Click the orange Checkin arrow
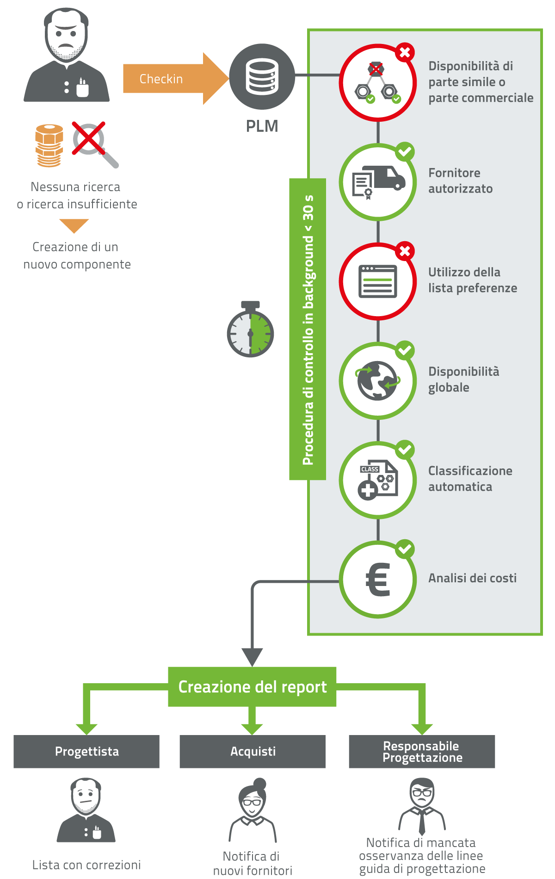click(x=176, y=79)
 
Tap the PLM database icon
click(x=262, y=77)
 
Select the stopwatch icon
click(x=250, y=329)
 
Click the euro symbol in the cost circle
click(x=378, y=580)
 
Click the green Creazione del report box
click(x=252, y=687)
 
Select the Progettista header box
click(x=86, y=751)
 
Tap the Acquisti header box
click(x=253, y=751)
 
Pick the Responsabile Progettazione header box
click(x=422, y=751)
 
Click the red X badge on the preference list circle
click(x=405, y=251)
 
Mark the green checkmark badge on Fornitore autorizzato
click(x=405, y=151)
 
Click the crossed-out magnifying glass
click(x=95, y=144)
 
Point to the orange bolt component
click(x=49, y=145)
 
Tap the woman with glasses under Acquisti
click(x=253, y=810)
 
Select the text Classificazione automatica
click(x=470, y=479)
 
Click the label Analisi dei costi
click(x=472, y=578)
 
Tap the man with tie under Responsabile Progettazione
click(x=422, y=806)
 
